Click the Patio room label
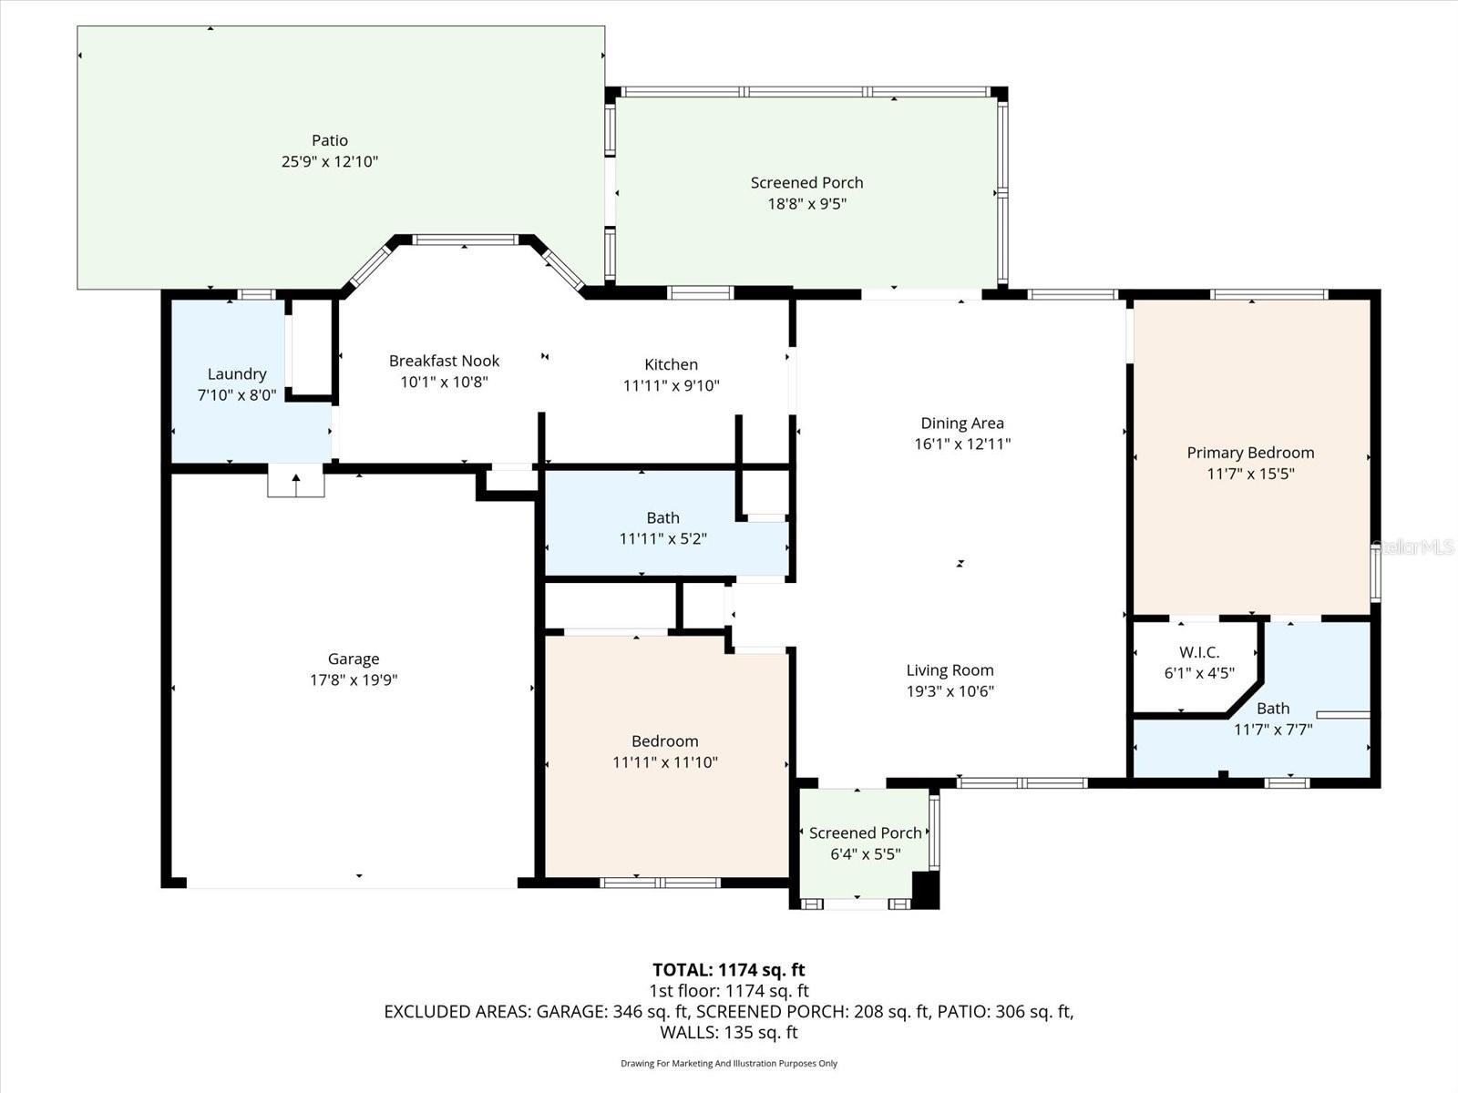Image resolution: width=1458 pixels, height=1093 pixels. pyautogui.click(x=329, y=140)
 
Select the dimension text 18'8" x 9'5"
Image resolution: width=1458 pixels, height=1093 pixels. pyautogui.click(x=806, y=204)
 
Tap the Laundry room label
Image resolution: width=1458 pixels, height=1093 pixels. pyautogui.click(x=237, y=373)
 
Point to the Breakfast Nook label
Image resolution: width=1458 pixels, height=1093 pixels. pyautogui.click(x=444, y=361)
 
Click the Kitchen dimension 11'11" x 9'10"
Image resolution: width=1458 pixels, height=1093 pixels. pyautogui.click(x=671, y=385)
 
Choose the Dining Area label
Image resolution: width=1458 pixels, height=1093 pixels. pyautogui.click(x=961, y=423)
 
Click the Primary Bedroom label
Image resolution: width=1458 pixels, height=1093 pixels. pyautogui.click(x=1249, y=453)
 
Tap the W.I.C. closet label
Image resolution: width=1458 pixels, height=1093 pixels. pyautogui.click(x=1198, y=652)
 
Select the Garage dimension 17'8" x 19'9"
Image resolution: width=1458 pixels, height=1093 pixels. pyautogui.click(x=354, y=679)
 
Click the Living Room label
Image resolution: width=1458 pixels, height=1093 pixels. pyautogui.click(x=950, y=669)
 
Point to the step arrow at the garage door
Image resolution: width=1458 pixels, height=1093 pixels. pyautogui.click(x=295, y=483)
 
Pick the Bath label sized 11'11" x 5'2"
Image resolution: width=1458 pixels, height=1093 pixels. pyautogui.click(x=662, y=517)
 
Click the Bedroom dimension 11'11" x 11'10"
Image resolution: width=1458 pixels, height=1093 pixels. pyautogui.click(x=664, y=762)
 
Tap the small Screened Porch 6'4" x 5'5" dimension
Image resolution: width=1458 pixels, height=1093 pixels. pyautogui.click(x=865, y=854)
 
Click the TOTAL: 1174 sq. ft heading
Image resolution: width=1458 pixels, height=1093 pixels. pyautogui.click(x=728, y=970)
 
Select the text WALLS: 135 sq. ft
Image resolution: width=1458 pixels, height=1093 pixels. pyautogui.click(x=728, y=1032)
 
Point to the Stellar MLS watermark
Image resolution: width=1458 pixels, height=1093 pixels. pyautogui.click(x=1413, y=547)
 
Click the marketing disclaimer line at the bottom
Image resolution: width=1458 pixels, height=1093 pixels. pyautogui.click(x=728, y=1063)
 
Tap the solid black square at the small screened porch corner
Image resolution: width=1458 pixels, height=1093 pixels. pyautogui.click(x=925, y=890)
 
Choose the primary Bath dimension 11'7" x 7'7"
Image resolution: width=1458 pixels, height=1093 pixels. pyautogui.click(x=1272, y=730)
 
